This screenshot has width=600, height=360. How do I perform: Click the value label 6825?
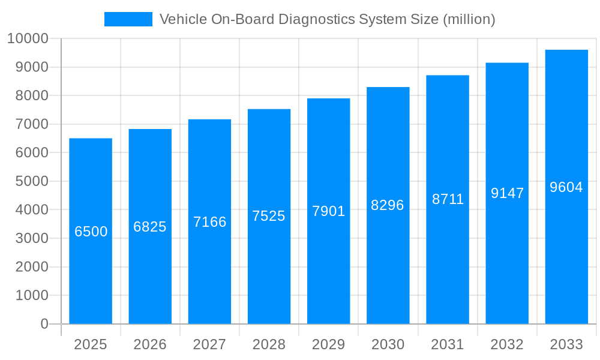click(x=150, y=227)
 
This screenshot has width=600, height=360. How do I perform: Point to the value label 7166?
click(x=209, y=222)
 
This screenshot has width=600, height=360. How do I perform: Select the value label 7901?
click(x=329, y=211)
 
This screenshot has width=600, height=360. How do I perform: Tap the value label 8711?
click(x=448, y=199)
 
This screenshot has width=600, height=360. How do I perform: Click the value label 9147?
click(x=507, y=193)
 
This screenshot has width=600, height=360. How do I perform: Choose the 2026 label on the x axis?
click(x=150, y=344)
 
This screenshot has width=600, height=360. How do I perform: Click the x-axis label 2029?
click(x=329, y=344)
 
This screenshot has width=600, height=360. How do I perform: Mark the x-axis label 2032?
click(x=507, y=344)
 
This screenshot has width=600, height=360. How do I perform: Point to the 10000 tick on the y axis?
click(x=27, y=38)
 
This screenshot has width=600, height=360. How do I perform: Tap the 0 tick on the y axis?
click(x=44, y=324)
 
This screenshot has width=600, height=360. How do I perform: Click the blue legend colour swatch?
click(x=128, y=19)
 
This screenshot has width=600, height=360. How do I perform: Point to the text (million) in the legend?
click(x=469, y=19)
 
